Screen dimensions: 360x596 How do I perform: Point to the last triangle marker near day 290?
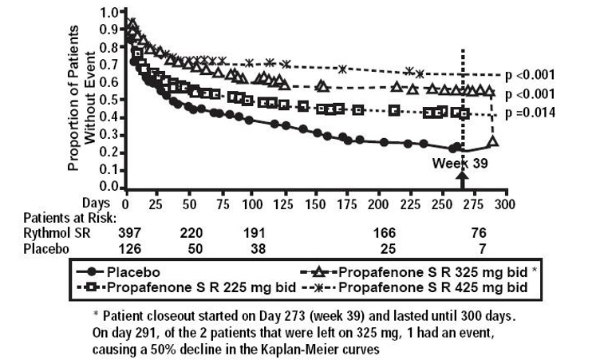pos(492,141)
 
